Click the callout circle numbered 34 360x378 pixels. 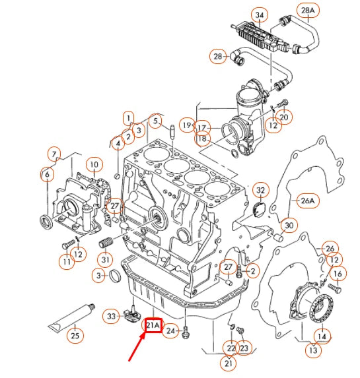click(x=259, y=15)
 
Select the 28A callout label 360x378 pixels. click(x=326, y=11)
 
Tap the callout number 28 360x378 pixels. click(x=218, y=57)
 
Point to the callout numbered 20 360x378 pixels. click(x=284, y=117)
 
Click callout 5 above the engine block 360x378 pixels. click(x=156, y=121)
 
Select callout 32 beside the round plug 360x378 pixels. click(x=261, y=191)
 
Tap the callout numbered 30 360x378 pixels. click(x=289, y=225)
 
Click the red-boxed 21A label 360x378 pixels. click(x=153, y=325)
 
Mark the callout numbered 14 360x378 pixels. click(x=322, y=336)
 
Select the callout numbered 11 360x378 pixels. click(x=66, y=263)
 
